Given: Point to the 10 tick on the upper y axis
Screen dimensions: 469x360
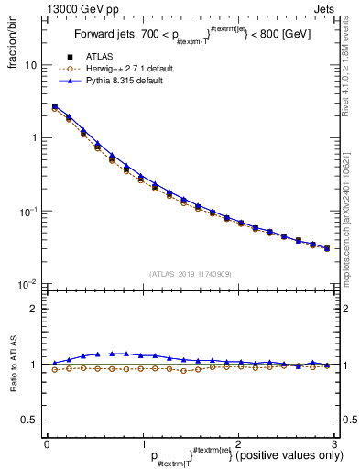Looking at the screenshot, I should (30, 66).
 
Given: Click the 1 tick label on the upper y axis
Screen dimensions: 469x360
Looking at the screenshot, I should (33, 138).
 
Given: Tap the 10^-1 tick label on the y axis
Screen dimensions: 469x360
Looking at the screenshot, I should (27, 212).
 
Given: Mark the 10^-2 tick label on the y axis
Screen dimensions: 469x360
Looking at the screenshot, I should (27, 285).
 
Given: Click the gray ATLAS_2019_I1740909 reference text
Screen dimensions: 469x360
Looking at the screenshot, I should (191, 274).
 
